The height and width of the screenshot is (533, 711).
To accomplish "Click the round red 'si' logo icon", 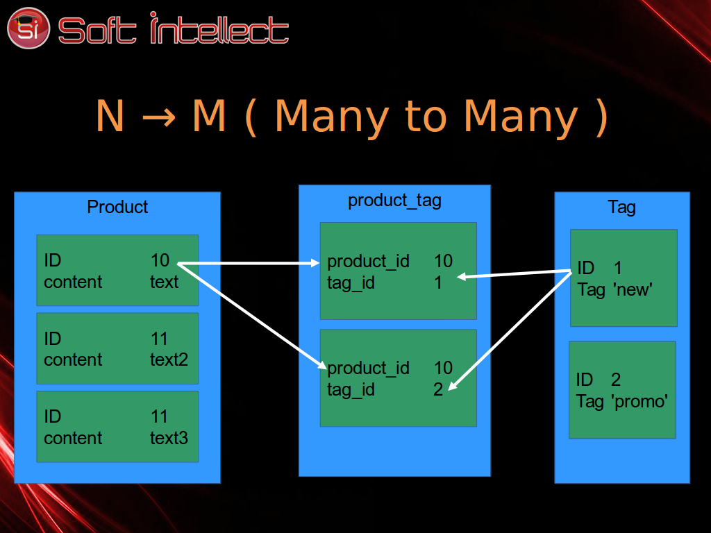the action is point(28,28).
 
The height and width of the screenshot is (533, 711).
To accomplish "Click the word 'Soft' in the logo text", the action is point(97,31).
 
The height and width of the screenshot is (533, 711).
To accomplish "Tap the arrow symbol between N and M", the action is point(159,117).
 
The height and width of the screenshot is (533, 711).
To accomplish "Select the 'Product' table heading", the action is point(117,207).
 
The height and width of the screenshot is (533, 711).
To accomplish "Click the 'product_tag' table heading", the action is point(394,201).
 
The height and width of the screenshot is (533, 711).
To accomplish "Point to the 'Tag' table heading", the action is point(621,207).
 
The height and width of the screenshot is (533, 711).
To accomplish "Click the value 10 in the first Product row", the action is point(160,260).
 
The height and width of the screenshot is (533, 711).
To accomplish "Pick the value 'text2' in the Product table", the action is point(169,359).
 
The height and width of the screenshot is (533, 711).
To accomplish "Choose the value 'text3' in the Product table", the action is point(169,438).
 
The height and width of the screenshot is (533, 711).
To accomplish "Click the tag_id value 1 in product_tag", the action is point(438,283).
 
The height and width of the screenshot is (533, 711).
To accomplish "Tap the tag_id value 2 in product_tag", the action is point(438,389).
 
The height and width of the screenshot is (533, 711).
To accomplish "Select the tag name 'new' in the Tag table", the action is point(633,289).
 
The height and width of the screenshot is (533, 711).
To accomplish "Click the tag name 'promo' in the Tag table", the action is point(639,402).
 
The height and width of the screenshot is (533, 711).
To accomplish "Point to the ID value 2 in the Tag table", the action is point(616,380).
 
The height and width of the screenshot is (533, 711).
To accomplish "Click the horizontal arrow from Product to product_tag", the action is point(249,263).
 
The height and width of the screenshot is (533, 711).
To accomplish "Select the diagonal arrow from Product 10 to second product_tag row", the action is point(251,316).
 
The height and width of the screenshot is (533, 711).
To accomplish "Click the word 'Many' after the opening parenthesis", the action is point(331,117).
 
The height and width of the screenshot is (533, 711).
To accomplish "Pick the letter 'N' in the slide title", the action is point(110,115).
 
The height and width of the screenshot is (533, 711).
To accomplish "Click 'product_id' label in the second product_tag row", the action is point(368,368).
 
